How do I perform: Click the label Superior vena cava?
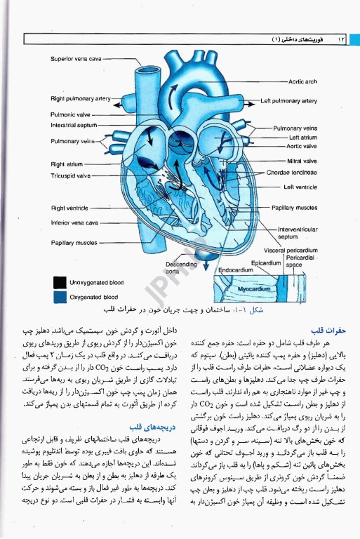76,59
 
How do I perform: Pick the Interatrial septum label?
74,125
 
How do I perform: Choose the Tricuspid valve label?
70,175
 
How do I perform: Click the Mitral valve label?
302,161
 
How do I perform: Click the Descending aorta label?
181,267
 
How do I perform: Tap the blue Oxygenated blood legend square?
59,297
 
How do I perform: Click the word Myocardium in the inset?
253,288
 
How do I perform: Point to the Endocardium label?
225,270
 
